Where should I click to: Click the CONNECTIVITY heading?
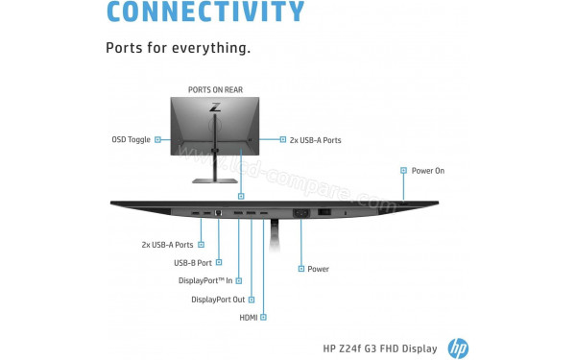click(204, 12)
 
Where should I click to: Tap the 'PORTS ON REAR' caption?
click(215, 89)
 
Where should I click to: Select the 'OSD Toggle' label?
click(131, 139)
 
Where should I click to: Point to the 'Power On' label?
click(428, 170)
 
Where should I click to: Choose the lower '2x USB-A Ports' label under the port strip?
click(167, 244)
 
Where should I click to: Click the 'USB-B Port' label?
click(192, 262)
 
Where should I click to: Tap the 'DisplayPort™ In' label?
click(205, 280)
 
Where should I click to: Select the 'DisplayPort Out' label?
click(218, 299)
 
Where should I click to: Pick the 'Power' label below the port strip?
click(318, 269)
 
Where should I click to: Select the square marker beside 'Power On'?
click(401, 170)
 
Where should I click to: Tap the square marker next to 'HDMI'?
click(264, 317)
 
